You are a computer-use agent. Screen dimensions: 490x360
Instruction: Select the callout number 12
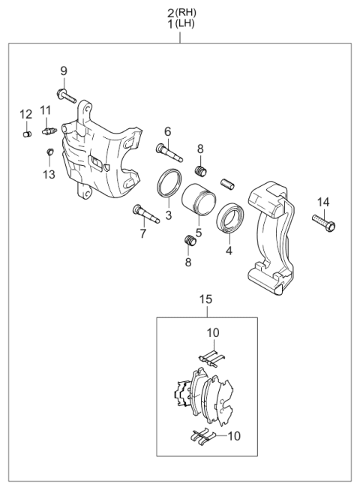tap(26, 114)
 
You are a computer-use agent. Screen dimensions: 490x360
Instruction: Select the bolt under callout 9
tap(65, 95)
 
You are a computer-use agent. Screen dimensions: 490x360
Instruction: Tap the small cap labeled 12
tap(27, 134)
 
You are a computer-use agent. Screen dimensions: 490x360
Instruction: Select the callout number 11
tap(45, 111)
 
